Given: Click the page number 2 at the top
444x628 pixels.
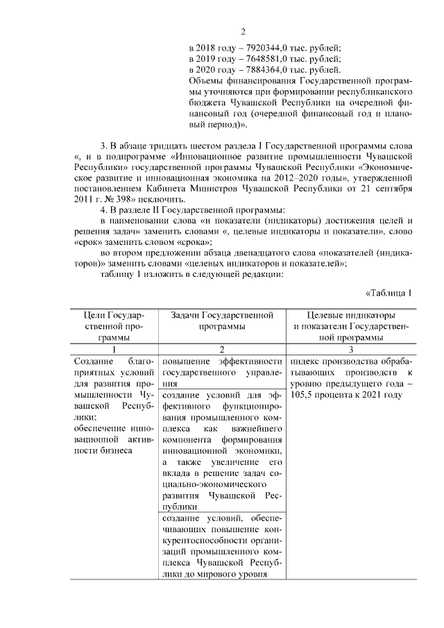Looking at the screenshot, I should pos(243,31).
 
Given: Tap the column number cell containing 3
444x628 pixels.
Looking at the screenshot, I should pos(350,350).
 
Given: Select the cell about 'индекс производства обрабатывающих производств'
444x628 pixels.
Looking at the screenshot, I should pos(350,377).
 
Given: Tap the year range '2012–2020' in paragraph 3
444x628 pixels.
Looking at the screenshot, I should pos(244,178).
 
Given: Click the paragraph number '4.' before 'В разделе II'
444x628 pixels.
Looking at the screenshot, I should pos(105,210).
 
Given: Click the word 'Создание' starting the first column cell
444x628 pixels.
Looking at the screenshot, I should pos(94,362).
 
